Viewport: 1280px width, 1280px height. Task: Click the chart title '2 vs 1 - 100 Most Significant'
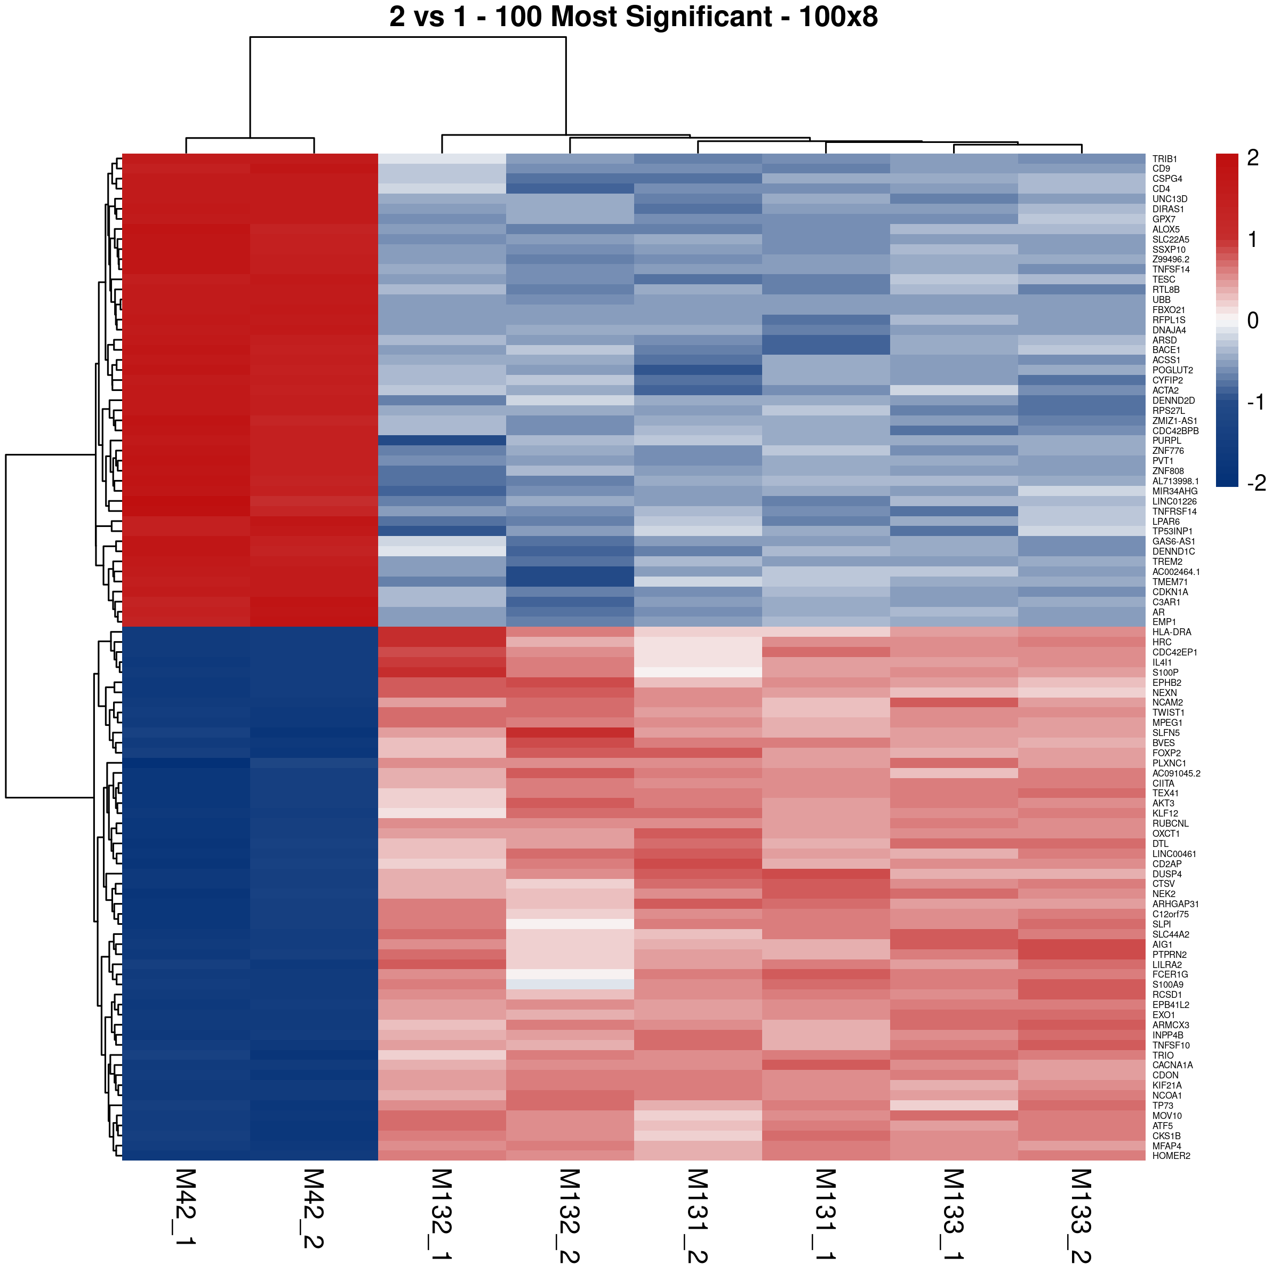(x=634, y=17)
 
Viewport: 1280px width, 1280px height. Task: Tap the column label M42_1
(x=185, y=1216)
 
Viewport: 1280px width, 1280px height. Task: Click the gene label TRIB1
(x=1165, y=159)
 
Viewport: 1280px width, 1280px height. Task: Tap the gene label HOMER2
(x=1171, y=1155)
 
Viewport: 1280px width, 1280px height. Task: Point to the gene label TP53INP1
(x=1172, y=531)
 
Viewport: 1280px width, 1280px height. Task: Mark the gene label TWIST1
(x=1168, y=712)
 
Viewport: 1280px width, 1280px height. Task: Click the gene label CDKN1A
(x=1170, y=591)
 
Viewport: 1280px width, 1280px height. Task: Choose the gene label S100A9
(x=1167, y=985)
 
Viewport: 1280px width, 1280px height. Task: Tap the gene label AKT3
(x=1163, y=803)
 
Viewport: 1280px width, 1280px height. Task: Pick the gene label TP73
(x=1163, y=1105)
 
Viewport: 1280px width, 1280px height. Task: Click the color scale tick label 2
(x=1252, y=158)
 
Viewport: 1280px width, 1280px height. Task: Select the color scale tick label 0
(x=1252, y=321)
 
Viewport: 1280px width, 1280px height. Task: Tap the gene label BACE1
(x=1166, y=350)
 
